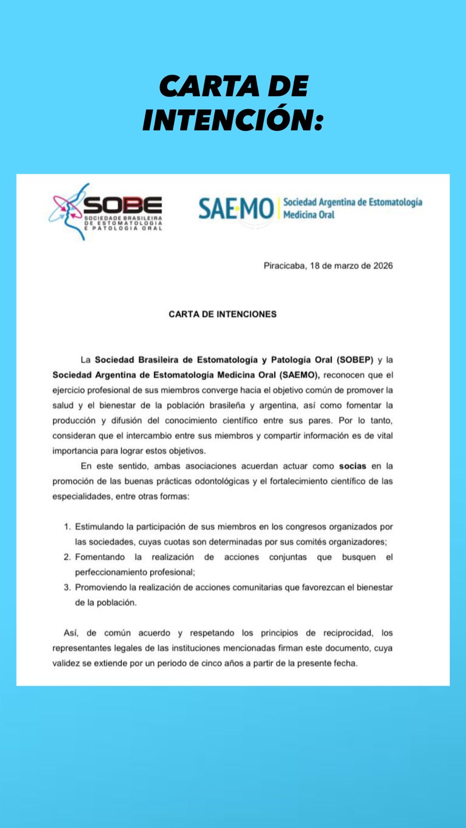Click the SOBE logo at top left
coord(106,211)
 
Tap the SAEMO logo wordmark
coord(236,209)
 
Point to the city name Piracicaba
coord(284,266)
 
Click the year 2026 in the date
coord(383,266)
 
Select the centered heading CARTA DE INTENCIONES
coord(223,314)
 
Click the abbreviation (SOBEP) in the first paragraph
coord(355,360)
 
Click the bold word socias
coord(352,466)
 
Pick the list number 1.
coord(67,527)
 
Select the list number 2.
coord(67,557)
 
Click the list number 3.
coord(67,587)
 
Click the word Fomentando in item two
coord(100,557)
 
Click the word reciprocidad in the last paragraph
coord(347,633)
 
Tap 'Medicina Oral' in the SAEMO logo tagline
coord(309,215)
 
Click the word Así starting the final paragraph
coord(70,633)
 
